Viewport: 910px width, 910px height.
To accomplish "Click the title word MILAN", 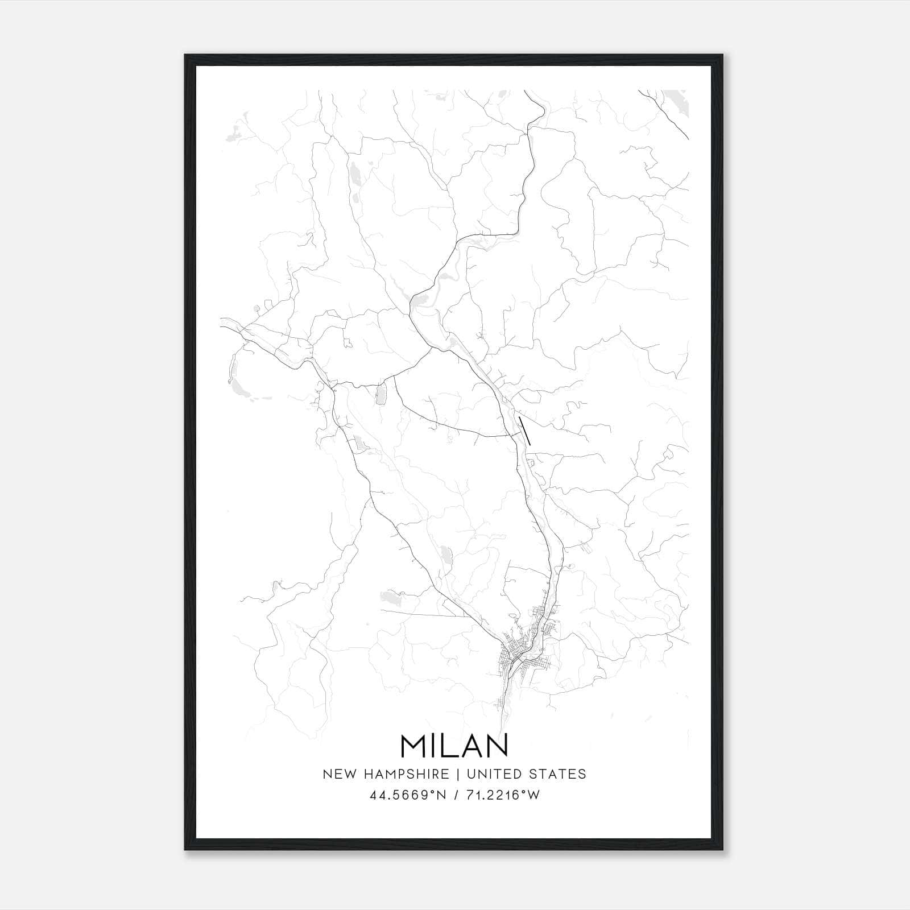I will pyautogui.click(x=454, y=746).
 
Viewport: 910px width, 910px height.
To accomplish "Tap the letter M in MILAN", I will pyautogui.click(x=414, y=746).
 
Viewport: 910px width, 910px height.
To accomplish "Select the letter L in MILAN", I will pyautogui.click(x=452, y=746).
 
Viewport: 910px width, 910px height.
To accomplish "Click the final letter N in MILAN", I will pyautogui.click(x=498, y=746).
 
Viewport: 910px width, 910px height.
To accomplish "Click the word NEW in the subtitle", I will pyautogui.click(x=337, y=774).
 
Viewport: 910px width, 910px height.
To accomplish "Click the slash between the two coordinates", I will pyautogui.click(x=455, y=795).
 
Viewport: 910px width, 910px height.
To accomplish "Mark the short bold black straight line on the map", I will pyautogui.click(x=526, y=431).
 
